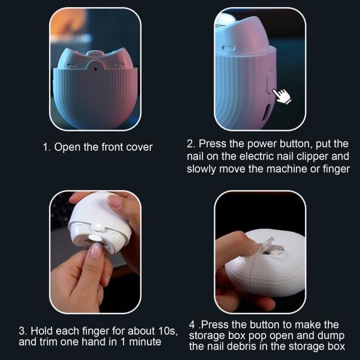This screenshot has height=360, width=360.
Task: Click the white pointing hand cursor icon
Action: (282, 97)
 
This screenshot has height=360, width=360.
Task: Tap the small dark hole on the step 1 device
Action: (95, 67)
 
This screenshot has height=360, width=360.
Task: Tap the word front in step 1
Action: (106, 147)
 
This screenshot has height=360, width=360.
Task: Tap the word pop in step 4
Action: (269, 335)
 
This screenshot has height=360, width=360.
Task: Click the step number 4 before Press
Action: (191, 323)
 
